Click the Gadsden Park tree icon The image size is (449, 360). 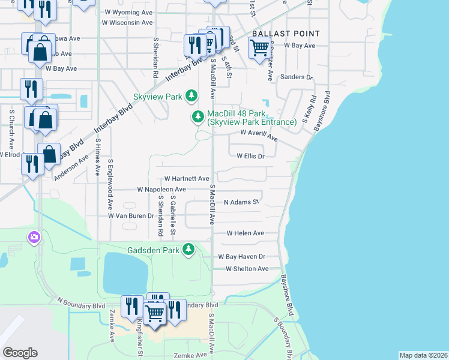[189, 248]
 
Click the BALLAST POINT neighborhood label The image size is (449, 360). [286, 33]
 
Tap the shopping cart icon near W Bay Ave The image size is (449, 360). [259, 48]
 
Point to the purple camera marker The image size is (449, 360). [34, 238]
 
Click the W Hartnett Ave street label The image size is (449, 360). [187, 179]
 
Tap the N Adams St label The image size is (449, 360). [241, 203]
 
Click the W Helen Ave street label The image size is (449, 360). [245, 233]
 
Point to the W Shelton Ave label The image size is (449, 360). [247, 269]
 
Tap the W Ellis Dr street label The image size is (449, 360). [250, 155]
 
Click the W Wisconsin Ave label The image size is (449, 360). [127, 23]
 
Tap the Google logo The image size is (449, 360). [20, 353]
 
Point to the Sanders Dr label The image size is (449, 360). [297, 77]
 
